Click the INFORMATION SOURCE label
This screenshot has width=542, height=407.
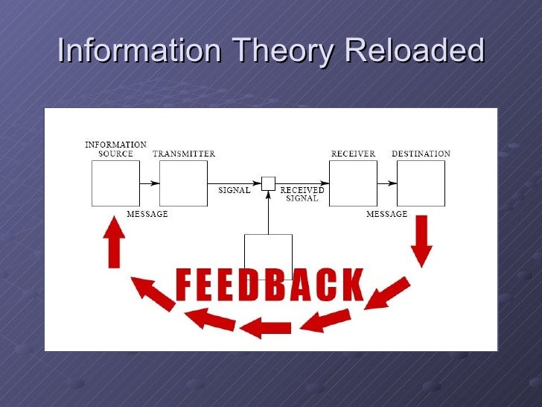coord(115,149)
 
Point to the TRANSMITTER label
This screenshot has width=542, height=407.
coord(184,154)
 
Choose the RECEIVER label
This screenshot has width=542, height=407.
coord(353,154)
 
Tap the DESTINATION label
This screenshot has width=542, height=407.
coord(421,154)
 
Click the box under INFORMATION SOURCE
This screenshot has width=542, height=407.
coord(115,183)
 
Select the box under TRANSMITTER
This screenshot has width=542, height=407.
coord(183,183)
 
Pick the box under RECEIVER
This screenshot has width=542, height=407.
coord(353,183)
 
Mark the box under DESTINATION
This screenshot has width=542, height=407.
coord(421,183)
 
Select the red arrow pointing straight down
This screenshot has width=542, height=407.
coord(421,240)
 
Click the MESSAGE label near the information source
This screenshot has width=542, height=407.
coord(147,214)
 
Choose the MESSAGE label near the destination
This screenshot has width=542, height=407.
coord(386,214)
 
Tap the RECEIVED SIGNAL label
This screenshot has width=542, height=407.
coord(302,195)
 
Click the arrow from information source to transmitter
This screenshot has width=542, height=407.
coord(149,183)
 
